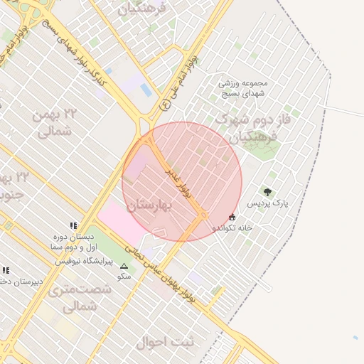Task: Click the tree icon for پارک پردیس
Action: coord(267,192)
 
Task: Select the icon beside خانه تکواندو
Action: coord(232,217)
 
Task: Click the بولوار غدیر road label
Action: coord(179,183)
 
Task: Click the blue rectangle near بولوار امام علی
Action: coord(146,90)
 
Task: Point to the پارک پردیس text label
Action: coord(268,203)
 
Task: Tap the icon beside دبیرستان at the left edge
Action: coord(6,270)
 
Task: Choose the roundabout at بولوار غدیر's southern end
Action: coord(204,215)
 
